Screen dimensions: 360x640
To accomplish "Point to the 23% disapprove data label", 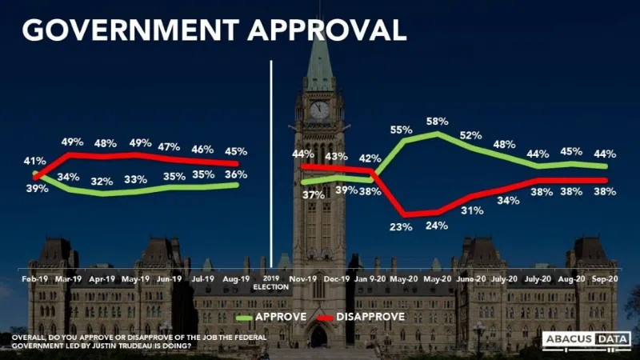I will tap(402, 226).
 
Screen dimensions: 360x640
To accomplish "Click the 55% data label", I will tap(402, 129).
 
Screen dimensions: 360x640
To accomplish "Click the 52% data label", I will tap(471, 135).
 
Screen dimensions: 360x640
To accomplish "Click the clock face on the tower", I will tap(319, 110).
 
